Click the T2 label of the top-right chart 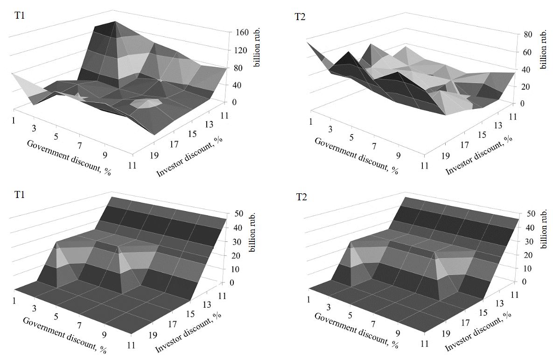[x=301, y=17]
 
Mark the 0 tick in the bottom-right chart [x=525, y=282]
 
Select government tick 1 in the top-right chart [x=310, y=122]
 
